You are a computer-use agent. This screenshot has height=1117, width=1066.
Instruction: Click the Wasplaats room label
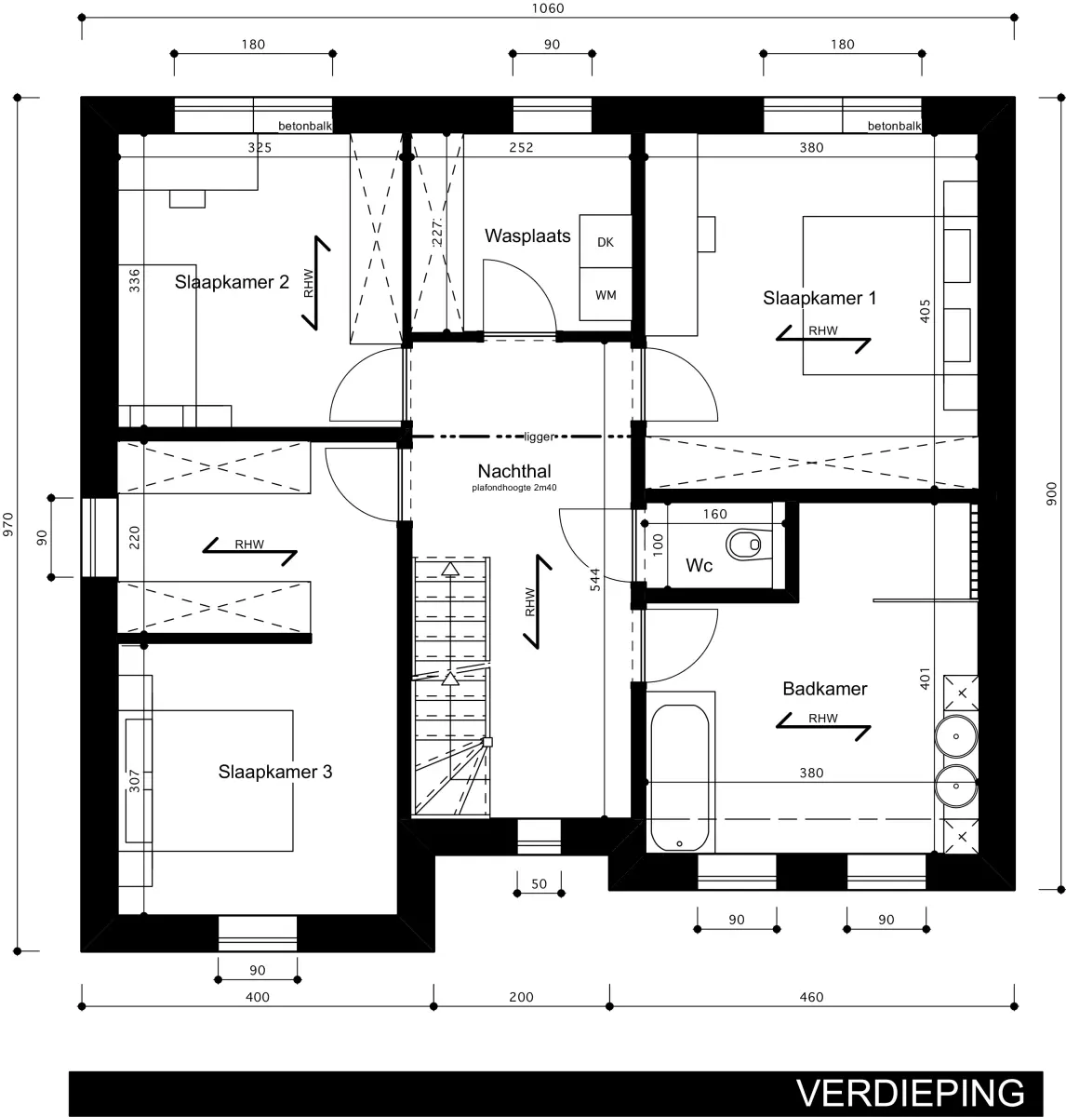(527, 236)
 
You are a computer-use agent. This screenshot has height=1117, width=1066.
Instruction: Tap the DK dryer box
(606, 242)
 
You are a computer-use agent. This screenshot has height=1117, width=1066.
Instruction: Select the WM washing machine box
(606, 294)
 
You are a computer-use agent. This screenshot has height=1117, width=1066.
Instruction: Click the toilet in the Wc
(744, 545)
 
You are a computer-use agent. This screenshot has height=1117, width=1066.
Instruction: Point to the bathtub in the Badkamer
(680, 777)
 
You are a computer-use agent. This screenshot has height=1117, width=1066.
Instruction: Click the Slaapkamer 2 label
(232, 282)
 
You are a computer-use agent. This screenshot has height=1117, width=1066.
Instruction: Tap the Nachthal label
(514, 471)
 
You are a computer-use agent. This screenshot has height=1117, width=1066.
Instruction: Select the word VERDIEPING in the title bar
(910, 1093)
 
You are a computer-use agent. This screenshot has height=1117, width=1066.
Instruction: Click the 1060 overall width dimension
(548, 8)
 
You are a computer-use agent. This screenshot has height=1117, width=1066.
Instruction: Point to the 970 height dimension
(8, 525)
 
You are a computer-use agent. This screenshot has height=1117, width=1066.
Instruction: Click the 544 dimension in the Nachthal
(595, 579)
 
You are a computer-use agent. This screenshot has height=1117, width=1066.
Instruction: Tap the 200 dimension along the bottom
(521, 997)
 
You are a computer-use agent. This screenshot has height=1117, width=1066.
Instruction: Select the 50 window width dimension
(539, 884)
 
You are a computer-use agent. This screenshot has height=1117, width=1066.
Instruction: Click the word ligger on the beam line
(540, 437)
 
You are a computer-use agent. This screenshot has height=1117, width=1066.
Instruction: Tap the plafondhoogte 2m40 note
(514, 488)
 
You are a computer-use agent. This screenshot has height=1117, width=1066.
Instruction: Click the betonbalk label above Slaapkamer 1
(894, 127)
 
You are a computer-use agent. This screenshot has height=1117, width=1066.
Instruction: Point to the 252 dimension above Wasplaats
(521, 147)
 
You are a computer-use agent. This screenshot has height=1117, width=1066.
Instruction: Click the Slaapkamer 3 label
(274, 772)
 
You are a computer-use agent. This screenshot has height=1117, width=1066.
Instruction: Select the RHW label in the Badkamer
(822, 718)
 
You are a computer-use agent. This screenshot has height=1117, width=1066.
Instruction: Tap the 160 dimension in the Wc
(715, 515)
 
